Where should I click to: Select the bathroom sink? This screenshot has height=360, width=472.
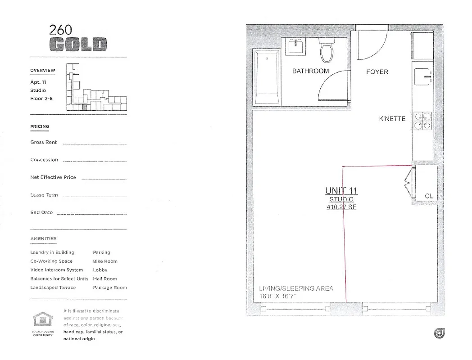pyautogui.click(x=296, y=46)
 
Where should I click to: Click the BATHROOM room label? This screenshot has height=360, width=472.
pyautogui.click(x=310, y=71)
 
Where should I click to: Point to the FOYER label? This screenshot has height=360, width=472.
pyautogui.click(x=377, y=72)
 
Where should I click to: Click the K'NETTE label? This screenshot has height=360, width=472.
pyautogui.click(x=392, y=119)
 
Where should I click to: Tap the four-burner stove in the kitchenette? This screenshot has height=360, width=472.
pyautogui.click(x=422, y=121)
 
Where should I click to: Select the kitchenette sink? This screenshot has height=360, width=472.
pyautogui.click(x=422, y=77)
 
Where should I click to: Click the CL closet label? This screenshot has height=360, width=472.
pyautogui.click(x=429, y=196)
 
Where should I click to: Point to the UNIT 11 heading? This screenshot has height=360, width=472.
pyautogui.click(x=341, y=191)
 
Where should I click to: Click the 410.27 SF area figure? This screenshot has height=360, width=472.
pyautogui.click(x=341, y=207)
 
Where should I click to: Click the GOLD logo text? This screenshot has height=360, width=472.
pyautogui.click(x=78, y=45)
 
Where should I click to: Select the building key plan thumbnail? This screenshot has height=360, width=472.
pyautogui.click(x=96, y=87)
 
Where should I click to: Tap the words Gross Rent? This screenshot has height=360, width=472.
pyautogui.click(x=44, y=142)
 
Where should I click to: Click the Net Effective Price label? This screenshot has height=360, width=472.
pyautogui.click(x=53, y=177)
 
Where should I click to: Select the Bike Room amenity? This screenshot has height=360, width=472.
pyautogui.click(x=105, y=261)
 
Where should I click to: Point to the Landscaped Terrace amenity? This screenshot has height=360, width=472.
pyautogui.click(x=53, y=288)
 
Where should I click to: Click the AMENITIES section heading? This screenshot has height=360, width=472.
pyautogui.click(x=43, y=239)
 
